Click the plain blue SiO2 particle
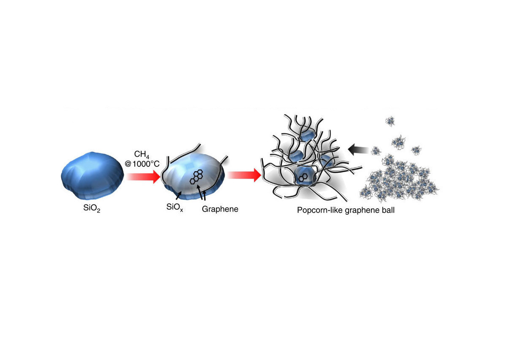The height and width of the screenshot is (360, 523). [92, 176]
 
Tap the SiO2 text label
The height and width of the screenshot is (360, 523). [92, 208]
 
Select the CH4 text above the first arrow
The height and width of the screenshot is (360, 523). [142, 155]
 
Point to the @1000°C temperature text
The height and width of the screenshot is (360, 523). [142, 164]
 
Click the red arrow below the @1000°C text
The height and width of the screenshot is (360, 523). [143, 177]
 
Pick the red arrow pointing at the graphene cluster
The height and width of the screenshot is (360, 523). [244, 175]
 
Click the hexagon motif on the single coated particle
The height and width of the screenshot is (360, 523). [196, 177]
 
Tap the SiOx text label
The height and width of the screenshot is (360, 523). [174, 207]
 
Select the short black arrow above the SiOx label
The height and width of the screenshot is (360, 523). [179, 195]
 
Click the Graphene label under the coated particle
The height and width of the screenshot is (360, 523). [220, 209]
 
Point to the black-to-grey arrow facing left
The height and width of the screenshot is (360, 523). [358, 150]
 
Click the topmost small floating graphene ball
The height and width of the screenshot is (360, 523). [390, 121]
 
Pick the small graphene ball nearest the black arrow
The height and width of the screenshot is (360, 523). [376, 151]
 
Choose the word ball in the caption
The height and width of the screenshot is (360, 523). [388, 210]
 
